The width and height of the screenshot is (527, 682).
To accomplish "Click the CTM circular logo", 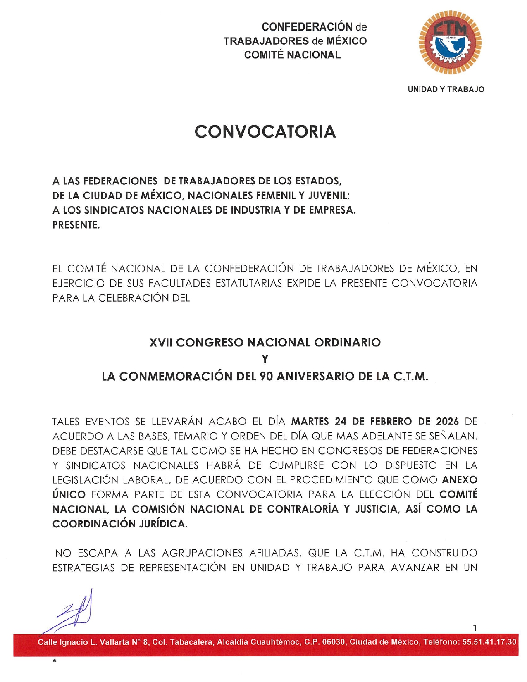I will pyautogui.click(x=450, y=43).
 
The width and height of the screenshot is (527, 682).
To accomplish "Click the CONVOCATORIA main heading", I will pyautogui.click(x=265, y=132).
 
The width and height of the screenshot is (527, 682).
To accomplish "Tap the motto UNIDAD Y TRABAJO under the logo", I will pyautogui.click(x=446, y=89).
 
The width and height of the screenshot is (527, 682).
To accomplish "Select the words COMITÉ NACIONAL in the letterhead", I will pyautogui.click(x=292, y=55).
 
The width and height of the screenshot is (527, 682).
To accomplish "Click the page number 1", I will pyautogui.click(x=475, y=628).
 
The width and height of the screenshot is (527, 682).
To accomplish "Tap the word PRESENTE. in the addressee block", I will pyautogui.click(x=76, y=225).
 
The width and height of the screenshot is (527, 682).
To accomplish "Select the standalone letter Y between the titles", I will pyautogui.click(x=265, y=359).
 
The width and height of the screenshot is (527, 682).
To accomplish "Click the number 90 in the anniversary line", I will pyautogui.click(x=267, y=376).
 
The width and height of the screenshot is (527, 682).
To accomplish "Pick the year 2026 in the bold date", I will pyautogui.click(x=447, y=422).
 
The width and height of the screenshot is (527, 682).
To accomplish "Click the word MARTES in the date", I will pyautogui.click(x=310, y=422).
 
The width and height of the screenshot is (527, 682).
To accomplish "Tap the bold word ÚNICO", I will pyautogui.click(x=69, y=494).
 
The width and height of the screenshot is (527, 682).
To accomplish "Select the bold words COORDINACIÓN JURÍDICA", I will pyautogui.click(x=119, y=524).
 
